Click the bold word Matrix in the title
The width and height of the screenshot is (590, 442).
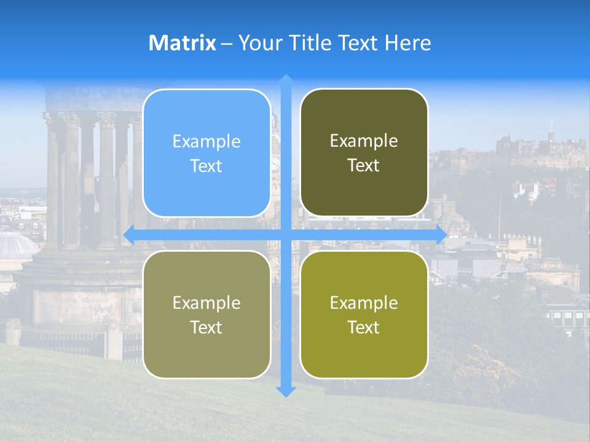182,43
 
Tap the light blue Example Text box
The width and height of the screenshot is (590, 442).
206,153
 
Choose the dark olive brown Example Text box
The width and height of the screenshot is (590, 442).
364,153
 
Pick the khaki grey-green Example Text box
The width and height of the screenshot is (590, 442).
206,314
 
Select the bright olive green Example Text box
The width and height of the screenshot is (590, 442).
364,314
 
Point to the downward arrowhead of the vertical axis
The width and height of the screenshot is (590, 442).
286,390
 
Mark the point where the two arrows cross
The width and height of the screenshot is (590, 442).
286,235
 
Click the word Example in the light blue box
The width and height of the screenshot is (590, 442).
206,142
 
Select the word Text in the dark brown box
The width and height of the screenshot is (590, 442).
364,166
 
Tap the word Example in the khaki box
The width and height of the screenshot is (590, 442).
206,303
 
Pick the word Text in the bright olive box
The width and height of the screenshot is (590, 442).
364,327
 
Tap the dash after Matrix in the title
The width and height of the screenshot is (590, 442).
227,44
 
